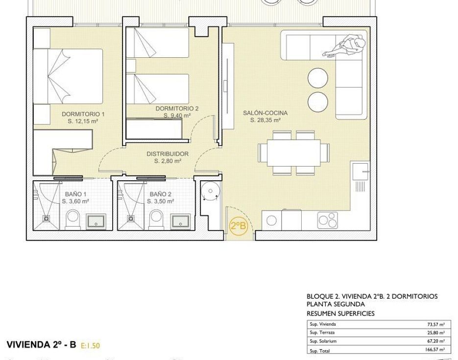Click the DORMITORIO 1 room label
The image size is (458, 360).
83,114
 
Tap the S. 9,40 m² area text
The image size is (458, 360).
177,116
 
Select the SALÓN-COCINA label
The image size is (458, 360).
265,113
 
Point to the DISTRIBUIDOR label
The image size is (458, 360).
168,154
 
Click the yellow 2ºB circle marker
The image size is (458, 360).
239,226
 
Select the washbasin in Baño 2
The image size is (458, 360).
181,221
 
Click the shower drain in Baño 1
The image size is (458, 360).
46,218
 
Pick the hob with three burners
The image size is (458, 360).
328,220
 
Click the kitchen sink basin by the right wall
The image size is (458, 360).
361,171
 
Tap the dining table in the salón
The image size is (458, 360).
293,153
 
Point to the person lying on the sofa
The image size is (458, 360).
346,46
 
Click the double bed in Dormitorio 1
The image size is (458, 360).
68,76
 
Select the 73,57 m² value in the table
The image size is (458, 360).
435,324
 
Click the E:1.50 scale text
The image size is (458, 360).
90,346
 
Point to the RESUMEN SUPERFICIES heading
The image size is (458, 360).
340,313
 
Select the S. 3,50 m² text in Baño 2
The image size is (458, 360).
160,201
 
